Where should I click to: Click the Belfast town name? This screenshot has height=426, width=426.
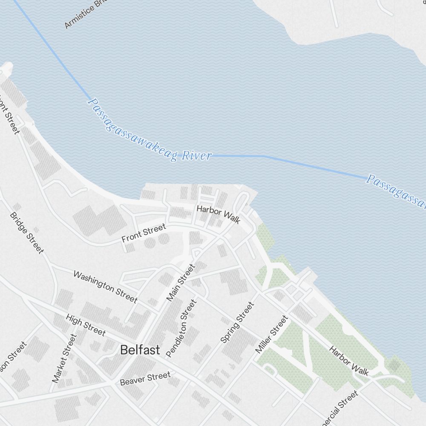(x=140, y=350)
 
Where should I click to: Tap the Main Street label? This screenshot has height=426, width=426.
(x=181, y=282)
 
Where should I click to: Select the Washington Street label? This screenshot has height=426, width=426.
(x=105, y=287)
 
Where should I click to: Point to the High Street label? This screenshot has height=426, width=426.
(x=85, y=325)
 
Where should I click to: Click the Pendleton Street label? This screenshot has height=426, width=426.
(x=181, y=328)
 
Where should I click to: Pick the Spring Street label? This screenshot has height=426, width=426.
(x=237, y=322)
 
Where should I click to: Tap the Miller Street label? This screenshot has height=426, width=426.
(x=271, y=334)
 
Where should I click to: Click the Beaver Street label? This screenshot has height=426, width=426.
(x=145, y=378)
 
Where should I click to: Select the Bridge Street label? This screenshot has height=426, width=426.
(x=26, y=233)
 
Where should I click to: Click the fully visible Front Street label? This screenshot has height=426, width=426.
(x=144, y=233)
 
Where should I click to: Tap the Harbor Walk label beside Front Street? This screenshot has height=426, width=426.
(x=218, y=214)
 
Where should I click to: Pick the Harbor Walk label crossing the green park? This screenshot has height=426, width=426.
(x=349, y=360)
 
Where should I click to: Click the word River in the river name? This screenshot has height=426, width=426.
(x=196, y=155)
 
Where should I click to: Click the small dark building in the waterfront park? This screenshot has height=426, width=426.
(x=394, y=365)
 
